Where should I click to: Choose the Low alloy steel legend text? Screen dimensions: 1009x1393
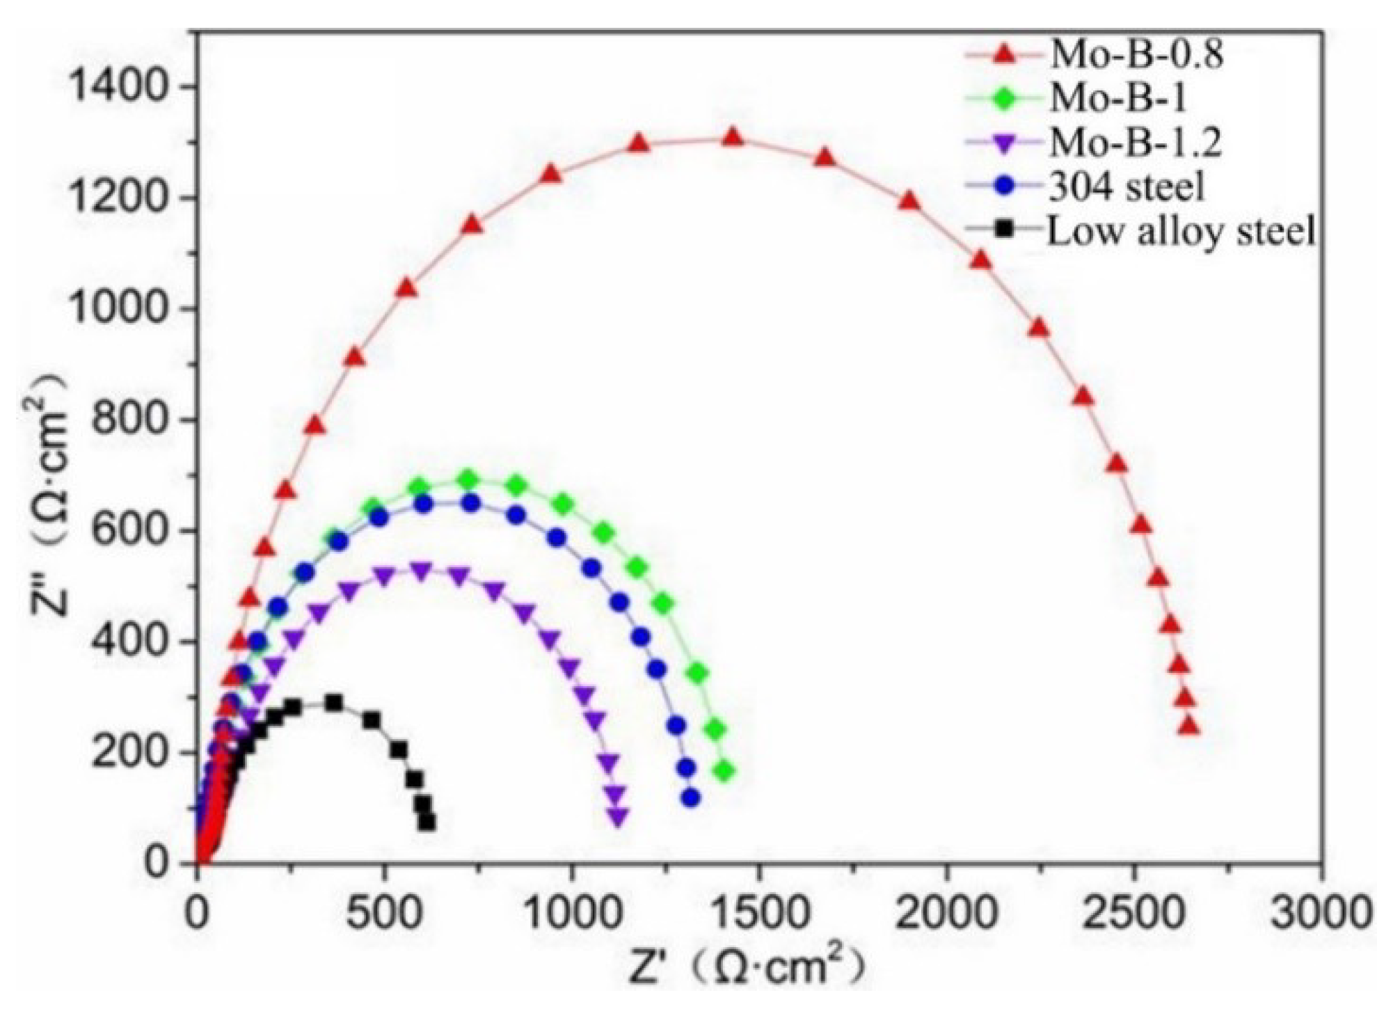click(1181, 231)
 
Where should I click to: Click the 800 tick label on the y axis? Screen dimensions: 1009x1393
click(129, 420)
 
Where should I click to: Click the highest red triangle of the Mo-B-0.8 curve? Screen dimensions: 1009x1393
click(733, 138)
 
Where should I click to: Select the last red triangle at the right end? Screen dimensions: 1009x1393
click(1190, 726)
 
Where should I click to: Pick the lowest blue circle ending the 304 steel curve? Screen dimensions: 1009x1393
click(690, 798)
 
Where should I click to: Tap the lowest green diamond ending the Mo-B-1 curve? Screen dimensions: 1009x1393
click(725, 772)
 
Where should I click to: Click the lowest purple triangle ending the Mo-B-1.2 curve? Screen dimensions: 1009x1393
click(617, 816)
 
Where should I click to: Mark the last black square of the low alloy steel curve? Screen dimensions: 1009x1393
click(427, 823)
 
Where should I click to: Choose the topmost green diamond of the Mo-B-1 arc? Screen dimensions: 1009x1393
click(468, 479)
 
